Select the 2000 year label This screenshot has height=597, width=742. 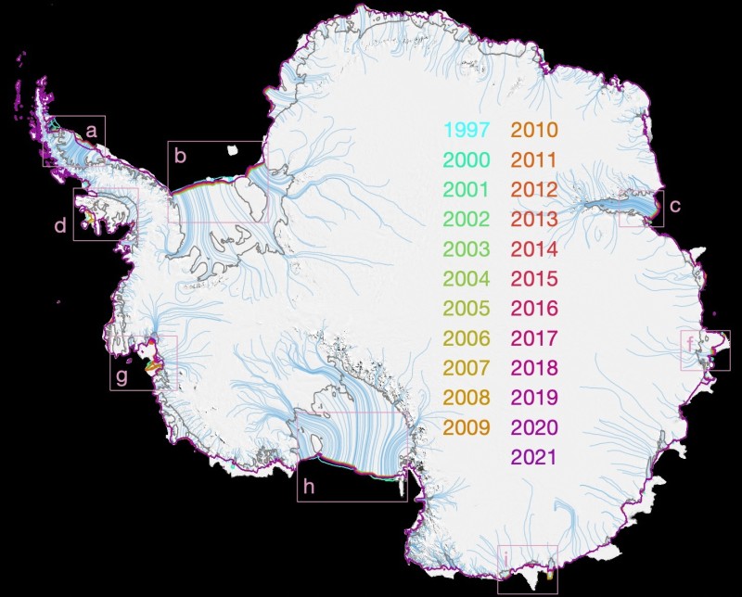pyautogui.click(x=467, y=159)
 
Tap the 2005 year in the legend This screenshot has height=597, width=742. pyautogui.click(x=467, y=309)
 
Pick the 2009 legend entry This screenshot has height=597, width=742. pyautogui.click(x=467, y=427)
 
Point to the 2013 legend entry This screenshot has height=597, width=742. pyautogui.click(x=533, y=220)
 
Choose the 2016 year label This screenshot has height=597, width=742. pyautogui.click(x=533, y=309)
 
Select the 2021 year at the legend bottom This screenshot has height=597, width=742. pyautogui.click(x=533, y=457)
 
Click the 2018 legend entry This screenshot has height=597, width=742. pyautogui.click(x=533, y=368)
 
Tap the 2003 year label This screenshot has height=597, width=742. pyautogui.click(x=467, y=249)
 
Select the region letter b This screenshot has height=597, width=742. pyautogui.click(x=181, y=157)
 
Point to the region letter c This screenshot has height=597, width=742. pyautogui.click(x=674, y=206)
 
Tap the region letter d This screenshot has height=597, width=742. pyautogui.click(x=60, y=225)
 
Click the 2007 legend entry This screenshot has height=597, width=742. pyautogui.click(x=467, y=368)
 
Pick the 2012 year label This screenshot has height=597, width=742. pyautogui.click(x=533, y=190)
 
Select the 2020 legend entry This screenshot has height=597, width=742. pyautogui.click(x=533, y=427)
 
